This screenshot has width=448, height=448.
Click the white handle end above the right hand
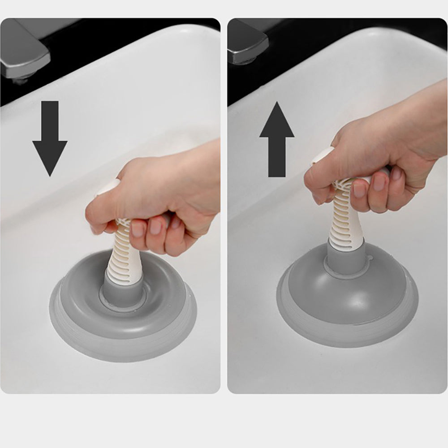(325, 155)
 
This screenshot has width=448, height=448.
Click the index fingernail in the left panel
(138, 229)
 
